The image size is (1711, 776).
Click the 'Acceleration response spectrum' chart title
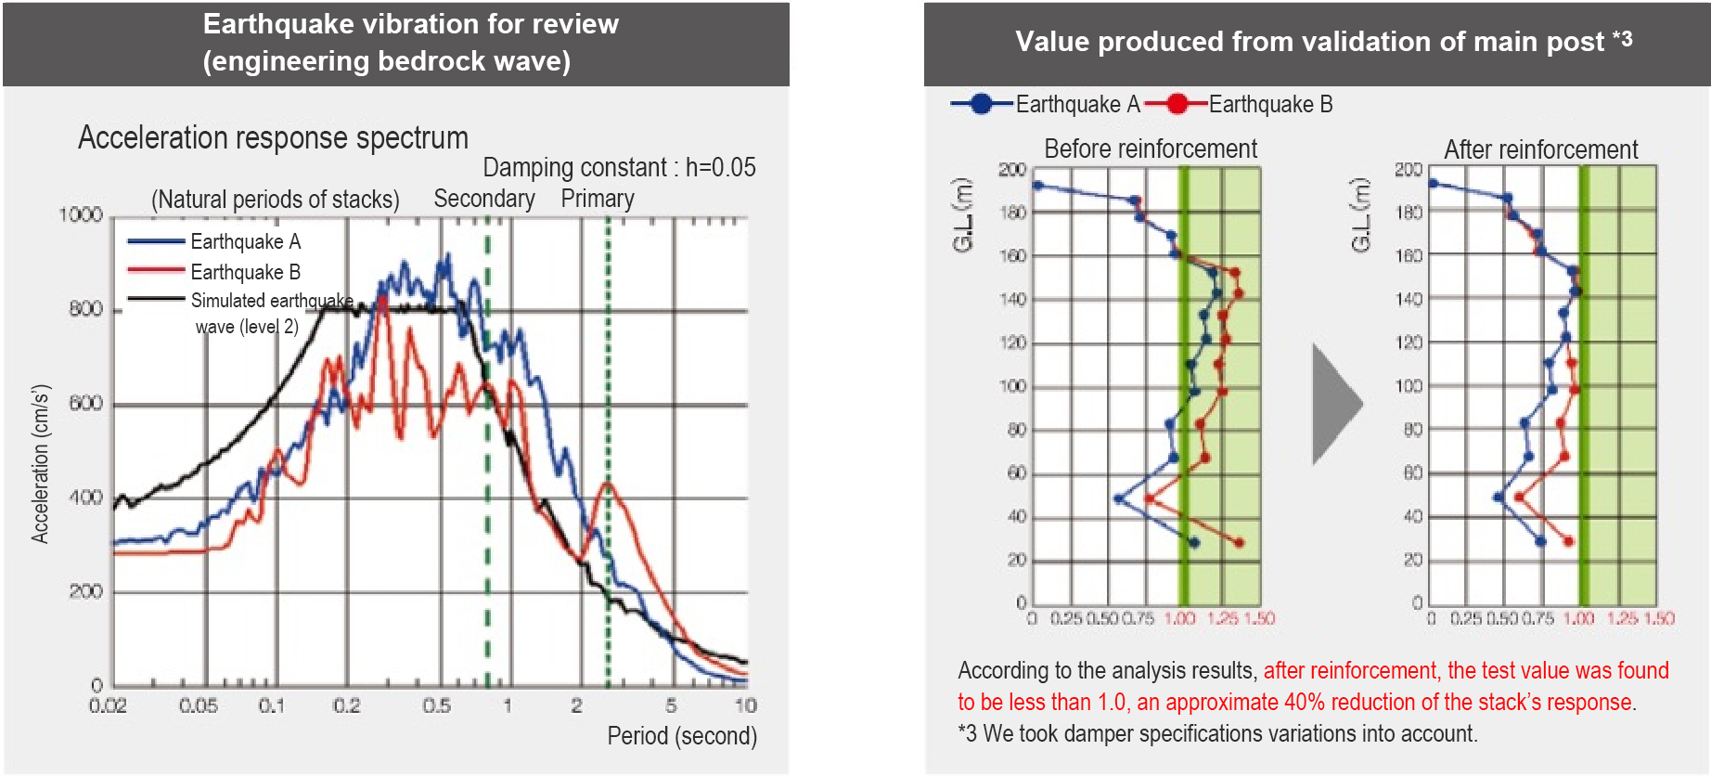(x=273, y=138)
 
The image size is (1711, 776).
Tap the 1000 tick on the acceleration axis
(x=81, y=215)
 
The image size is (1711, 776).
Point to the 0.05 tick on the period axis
(x=198, y=706)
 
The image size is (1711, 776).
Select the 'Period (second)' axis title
(x=681, y=736)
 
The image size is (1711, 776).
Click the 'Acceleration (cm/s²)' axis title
(x=40, y=463)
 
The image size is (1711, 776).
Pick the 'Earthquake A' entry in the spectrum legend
(x=245, y=242)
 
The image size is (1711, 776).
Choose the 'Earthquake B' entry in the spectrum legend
(x=245, y=272)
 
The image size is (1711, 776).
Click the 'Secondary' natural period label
(x=483, y=199)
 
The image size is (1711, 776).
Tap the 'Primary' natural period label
(x=598, y=199)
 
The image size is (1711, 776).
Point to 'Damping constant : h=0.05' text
(x=619, y=168)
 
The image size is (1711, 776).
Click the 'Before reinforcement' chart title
(x=1150, y=149)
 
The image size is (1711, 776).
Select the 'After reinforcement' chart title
(x=1540, y=149)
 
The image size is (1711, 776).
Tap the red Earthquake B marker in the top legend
(x=1177, y=104)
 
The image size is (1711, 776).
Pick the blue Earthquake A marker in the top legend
(x=982, y=104)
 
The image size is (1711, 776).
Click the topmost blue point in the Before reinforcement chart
(x=1038, y=186)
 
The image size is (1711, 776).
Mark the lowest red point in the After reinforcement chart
(x=1568, y=541)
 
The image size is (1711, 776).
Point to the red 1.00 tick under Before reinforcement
(x=1179, y=619)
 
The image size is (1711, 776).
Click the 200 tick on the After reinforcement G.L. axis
(x=1408, y=169)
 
